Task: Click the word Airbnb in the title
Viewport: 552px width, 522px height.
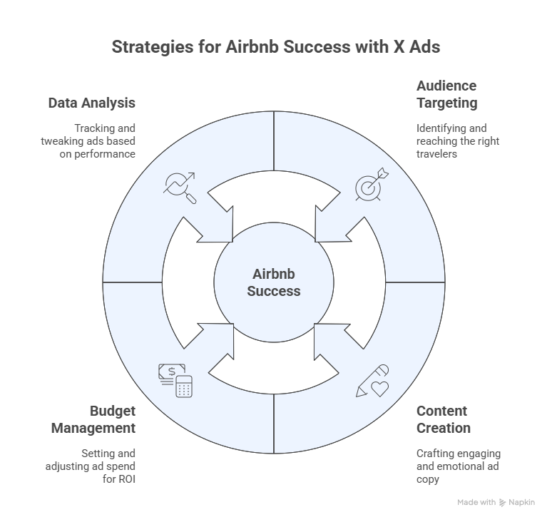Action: click(x=252, y=47)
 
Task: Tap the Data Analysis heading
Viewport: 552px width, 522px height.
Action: click(x=92, y=103)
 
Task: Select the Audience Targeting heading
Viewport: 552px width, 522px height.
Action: click(x=446, y=94)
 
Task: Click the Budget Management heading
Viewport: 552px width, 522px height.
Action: click(x=93, y=419)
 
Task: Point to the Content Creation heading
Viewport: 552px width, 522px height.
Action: click(x=443, y=419)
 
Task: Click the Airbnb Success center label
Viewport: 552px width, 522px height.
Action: click(x=274, y=282)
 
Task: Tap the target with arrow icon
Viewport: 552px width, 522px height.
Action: click(x=372, y=184)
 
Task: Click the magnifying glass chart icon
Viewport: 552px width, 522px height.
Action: click(x=180, y=188)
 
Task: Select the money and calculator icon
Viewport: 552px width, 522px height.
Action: click(x=175, y=381)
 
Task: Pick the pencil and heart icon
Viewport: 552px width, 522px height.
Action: click(x=372, y=381)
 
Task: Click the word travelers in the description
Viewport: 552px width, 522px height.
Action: click(x=436, y=154)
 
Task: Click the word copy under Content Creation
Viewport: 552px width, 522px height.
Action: click(x=428, y=480)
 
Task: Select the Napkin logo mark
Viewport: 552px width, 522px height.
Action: click(x=502, y=503)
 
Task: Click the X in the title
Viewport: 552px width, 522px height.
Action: click(x=399, y=47)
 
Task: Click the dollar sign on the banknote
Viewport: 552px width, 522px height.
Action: click(x=172, y=372)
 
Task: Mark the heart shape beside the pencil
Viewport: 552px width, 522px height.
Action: click(x=380, y=389)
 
